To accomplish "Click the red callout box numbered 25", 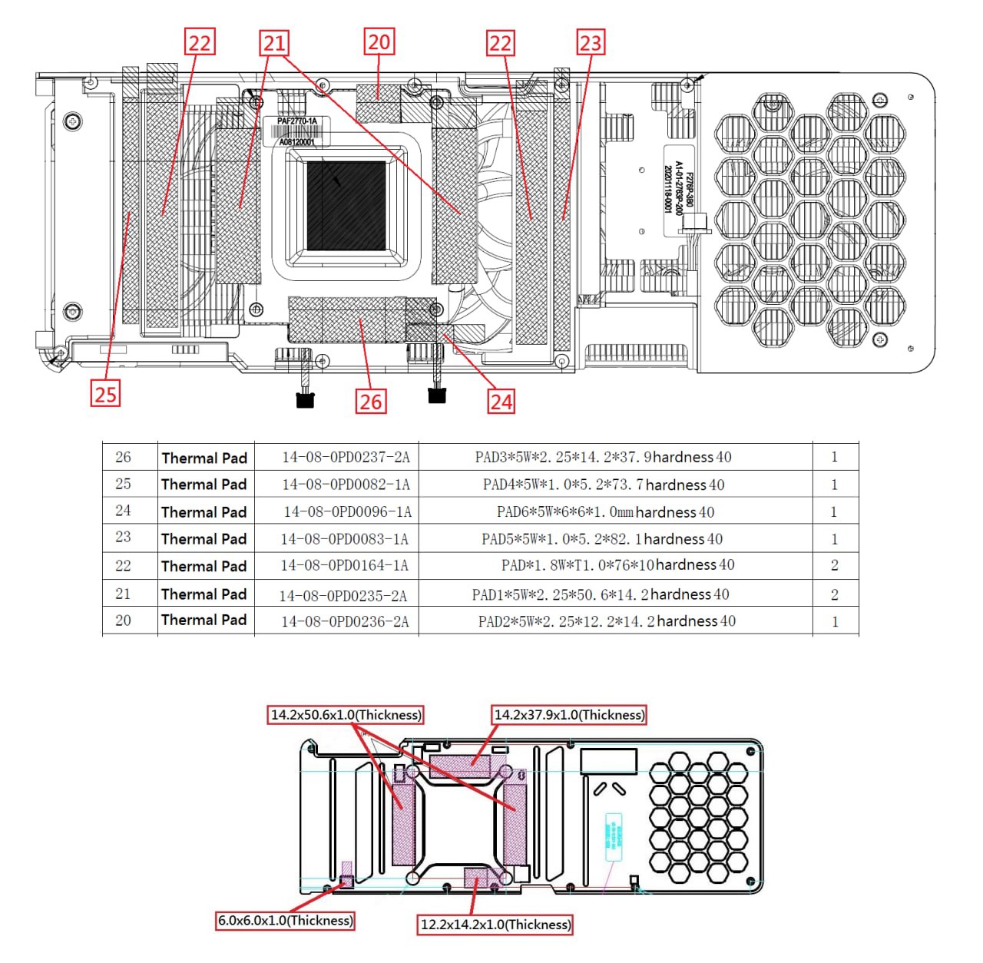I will coord(105,394).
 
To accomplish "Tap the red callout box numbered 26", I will coord(370,401).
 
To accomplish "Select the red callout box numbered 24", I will coord(501,401).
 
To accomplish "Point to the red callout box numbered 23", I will coord(591,41).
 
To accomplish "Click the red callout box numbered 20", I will coord(379,41).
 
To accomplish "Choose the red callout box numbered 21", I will coord(274,43).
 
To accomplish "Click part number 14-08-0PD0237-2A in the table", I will coord(346,458).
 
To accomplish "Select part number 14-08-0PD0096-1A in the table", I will coord(347,511).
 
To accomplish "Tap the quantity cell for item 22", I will coord(834,565).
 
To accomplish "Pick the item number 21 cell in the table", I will coord(123,594).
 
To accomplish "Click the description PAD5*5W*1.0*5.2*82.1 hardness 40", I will coord(602,539).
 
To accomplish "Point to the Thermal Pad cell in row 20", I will coord(204,620).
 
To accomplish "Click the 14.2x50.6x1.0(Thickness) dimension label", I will coord(346,715).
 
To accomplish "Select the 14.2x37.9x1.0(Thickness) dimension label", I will coord(569,715).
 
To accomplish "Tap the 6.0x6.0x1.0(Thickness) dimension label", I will coord(286,920).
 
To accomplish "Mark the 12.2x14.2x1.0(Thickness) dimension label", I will coord(495,925).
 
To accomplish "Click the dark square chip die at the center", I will coord(346,206).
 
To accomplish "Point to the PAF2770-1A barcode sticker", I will coord(297,131).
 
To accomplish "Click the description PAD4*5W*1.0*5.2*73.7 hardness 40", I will coord(604,485).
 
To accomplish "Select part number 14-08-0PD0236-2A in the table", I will coord(345,621).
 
